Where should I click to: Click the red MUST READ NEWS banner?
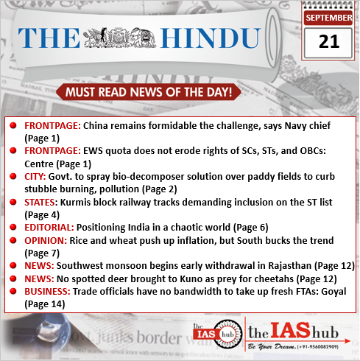[149, 93]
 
